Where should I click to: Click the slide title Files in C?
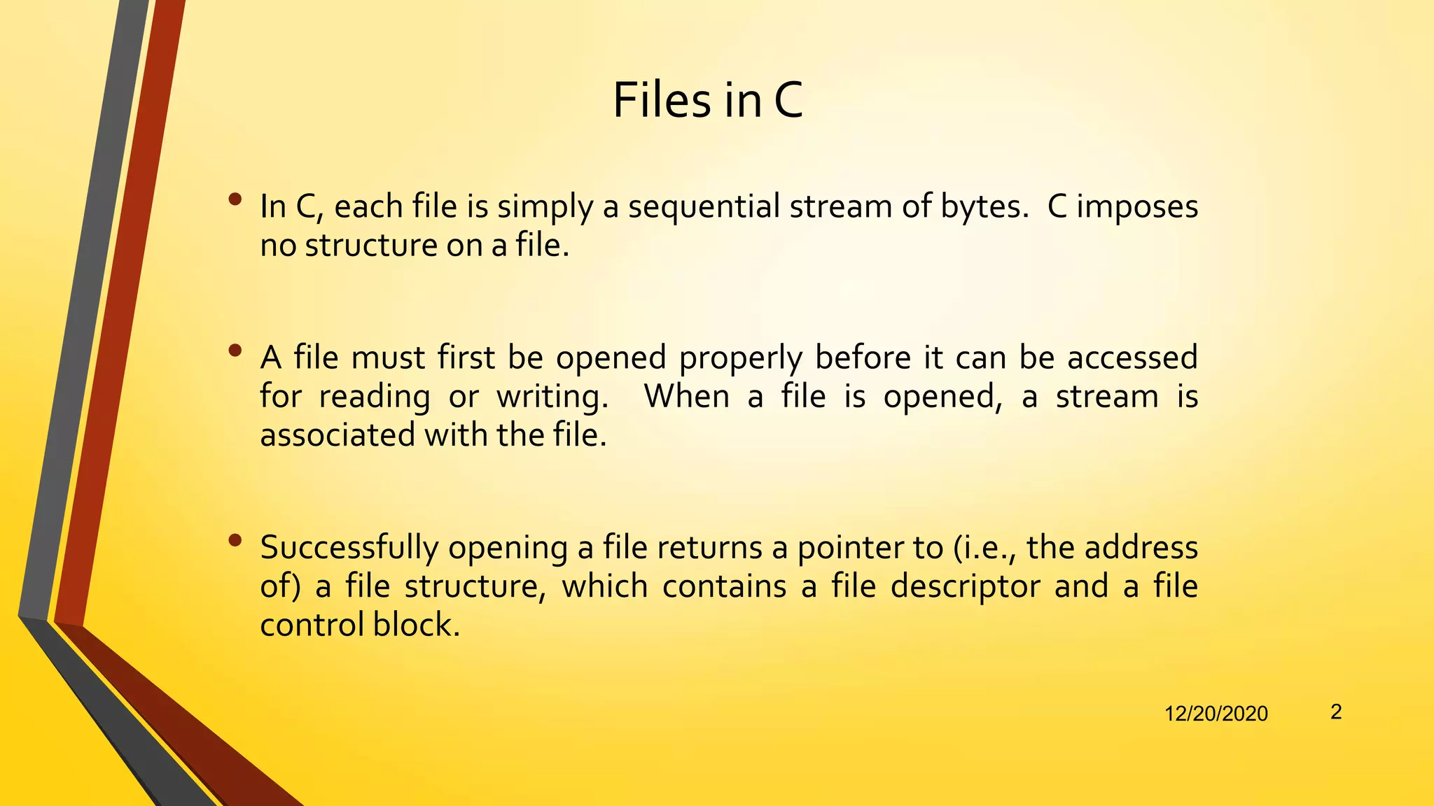(x=707, y=100)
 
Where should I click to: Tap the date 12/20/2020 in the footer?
(x=1216, y=714)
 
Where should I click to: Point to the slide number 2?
(x=1336, y=712)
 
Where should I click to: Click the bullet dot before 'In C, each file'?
(x=235, y=199)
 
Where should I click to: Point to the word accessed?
(x=1132, y=358)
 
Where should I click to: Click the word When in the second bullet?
(x=686, y=396)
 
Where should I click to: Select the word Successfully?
(x=349, y=548)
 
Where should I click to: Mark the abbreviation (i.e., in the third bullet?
(x=985, y=548)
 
